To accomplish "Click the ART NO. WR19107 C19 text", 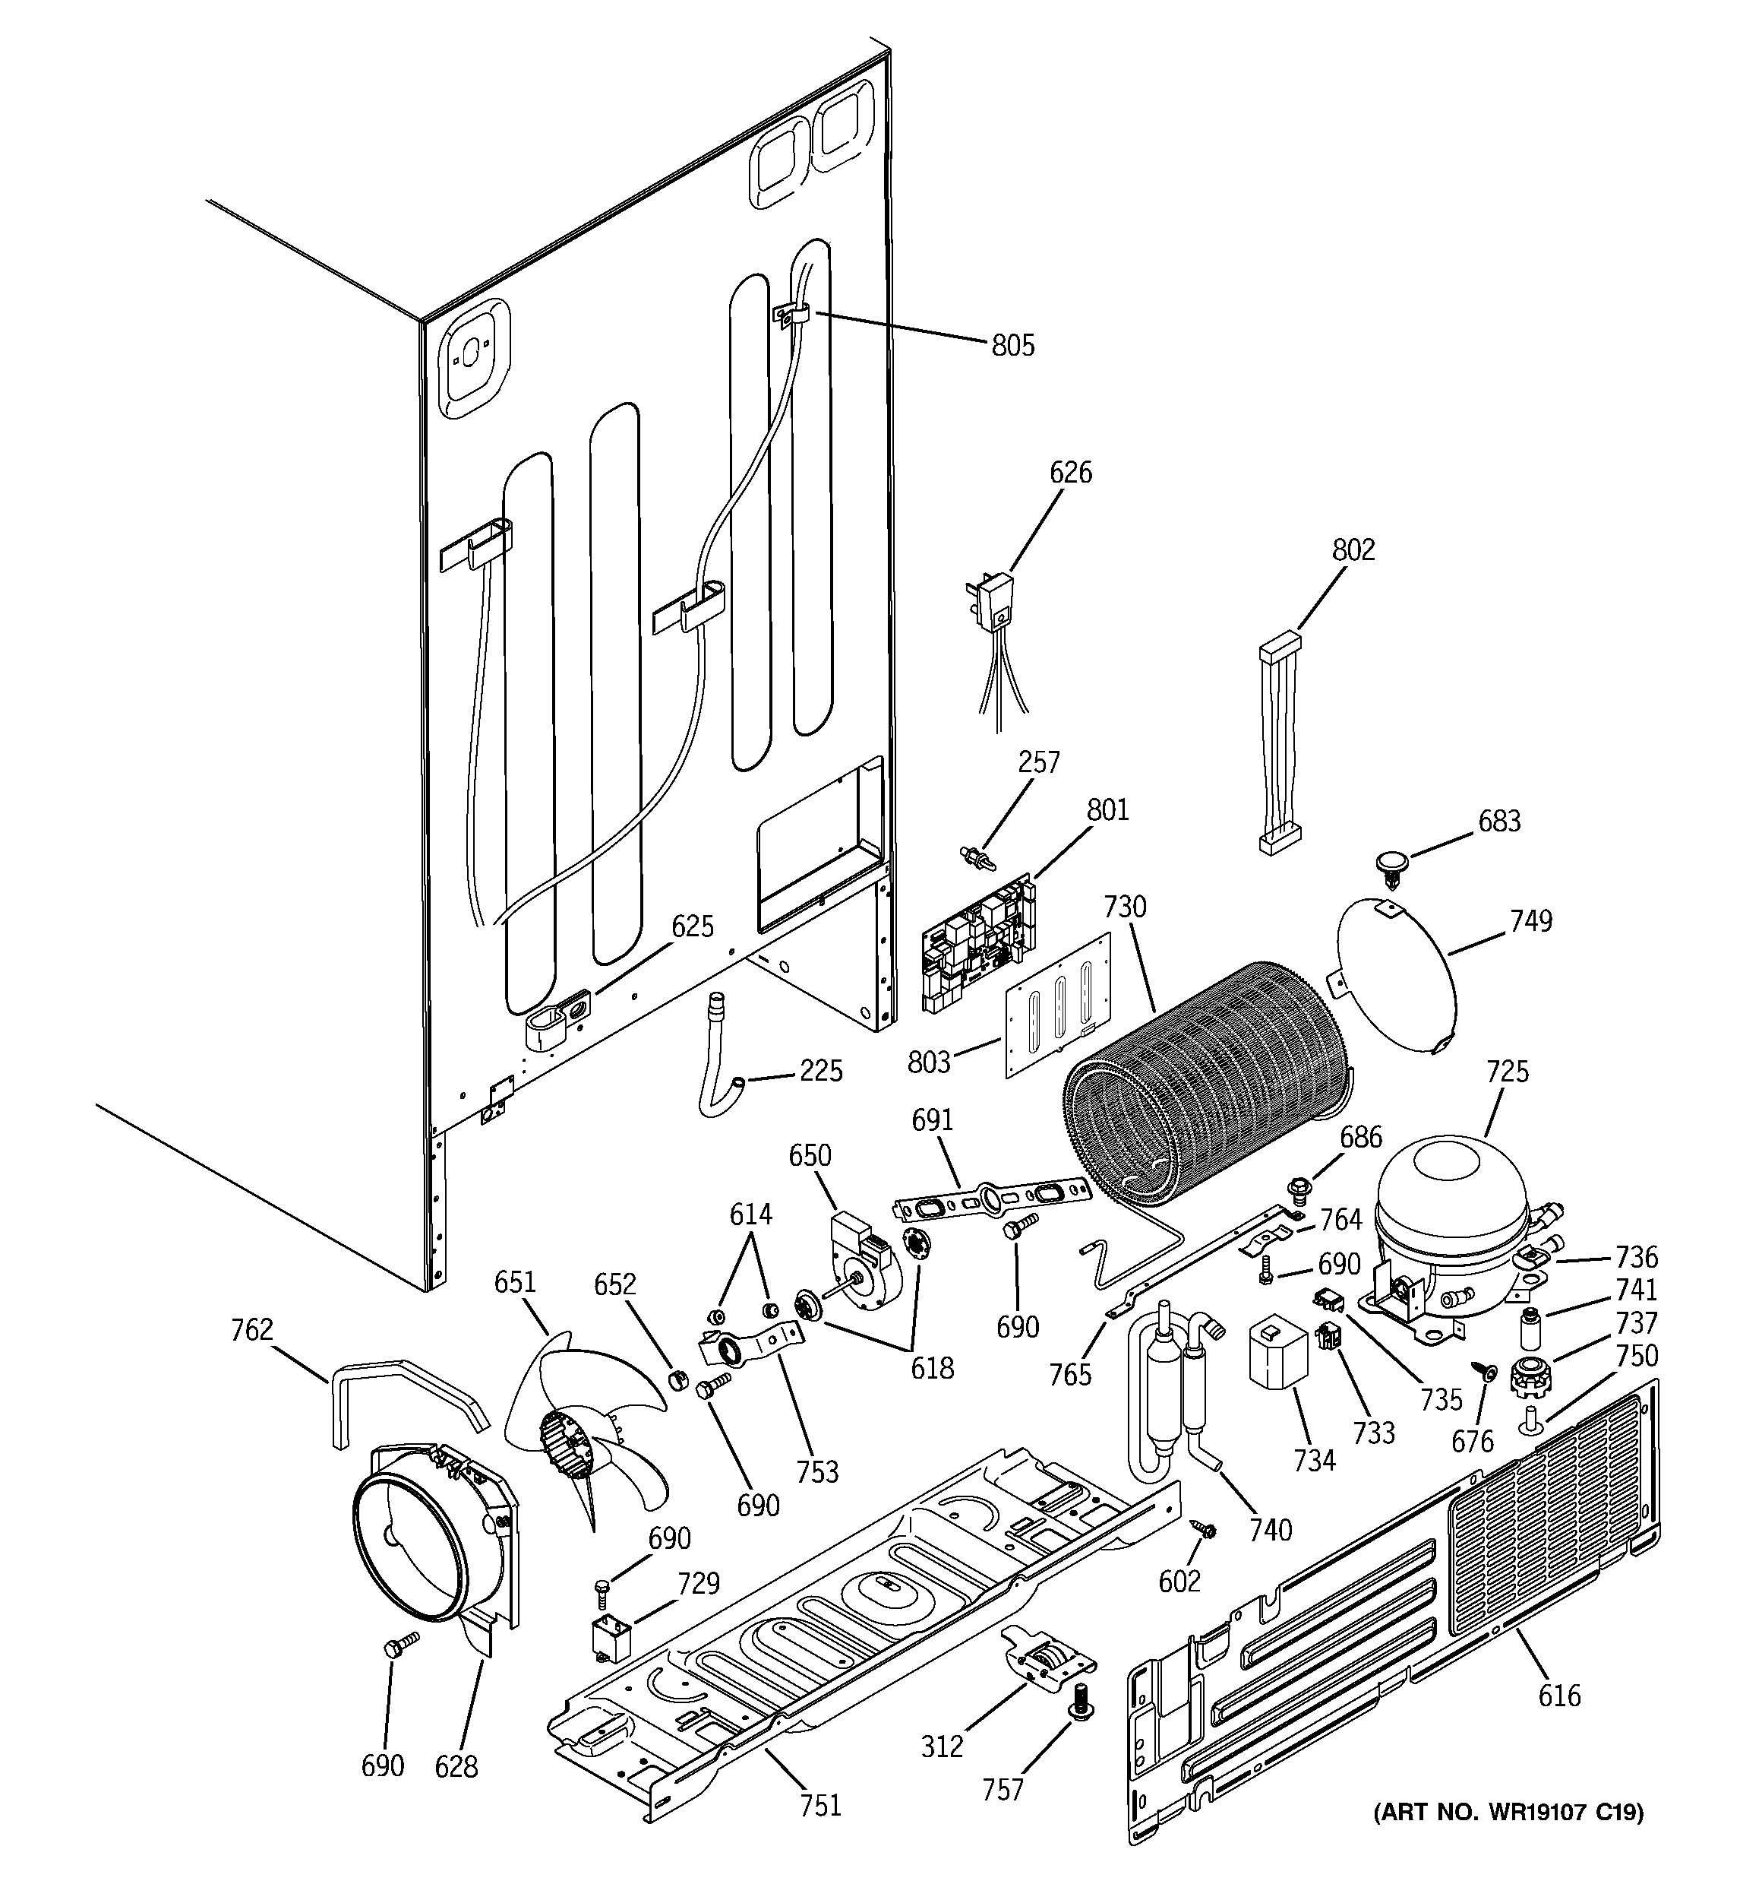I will coord(1507,1812).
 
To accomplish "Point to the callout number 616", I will coord(1558,1695).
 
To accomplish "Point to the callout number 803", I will coord(928,1062).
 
